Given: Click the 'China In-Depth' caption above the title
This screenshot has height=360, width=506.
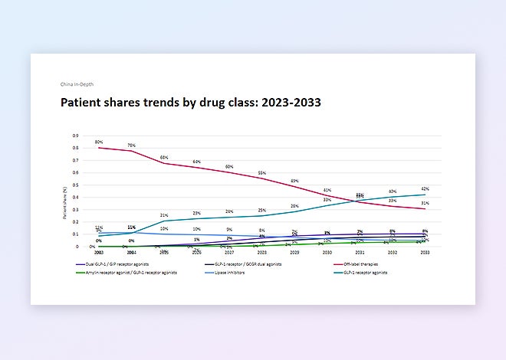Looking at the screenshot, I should pos(77,83).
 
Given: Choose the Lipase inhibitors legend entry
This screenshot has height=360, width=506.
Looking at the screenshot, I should pos(226,273).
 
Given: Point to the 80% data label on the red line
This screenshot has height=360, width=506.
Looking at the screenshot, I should pos(99,142).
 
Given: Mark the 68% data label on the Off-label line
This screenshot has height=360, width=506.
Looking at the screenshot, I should pos(164,157).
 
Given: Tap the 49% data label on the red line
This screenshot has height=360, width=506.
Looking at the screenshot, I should pos(294,182).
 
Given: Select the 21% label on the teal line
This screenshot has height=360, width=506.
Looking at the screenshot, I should pos(164,215).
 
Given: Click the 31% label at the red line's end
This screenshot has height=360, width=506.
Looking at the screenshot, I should pos(425,203).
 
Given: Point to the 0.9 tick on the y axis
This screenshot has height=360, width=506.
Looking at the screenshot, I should pos(75,136).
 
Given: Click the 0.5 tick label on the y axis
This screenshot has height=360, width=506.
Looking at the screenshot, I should pos(75,185).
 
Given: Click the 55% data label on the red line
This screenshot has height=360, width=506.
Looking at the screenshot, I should pos(261,174).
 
